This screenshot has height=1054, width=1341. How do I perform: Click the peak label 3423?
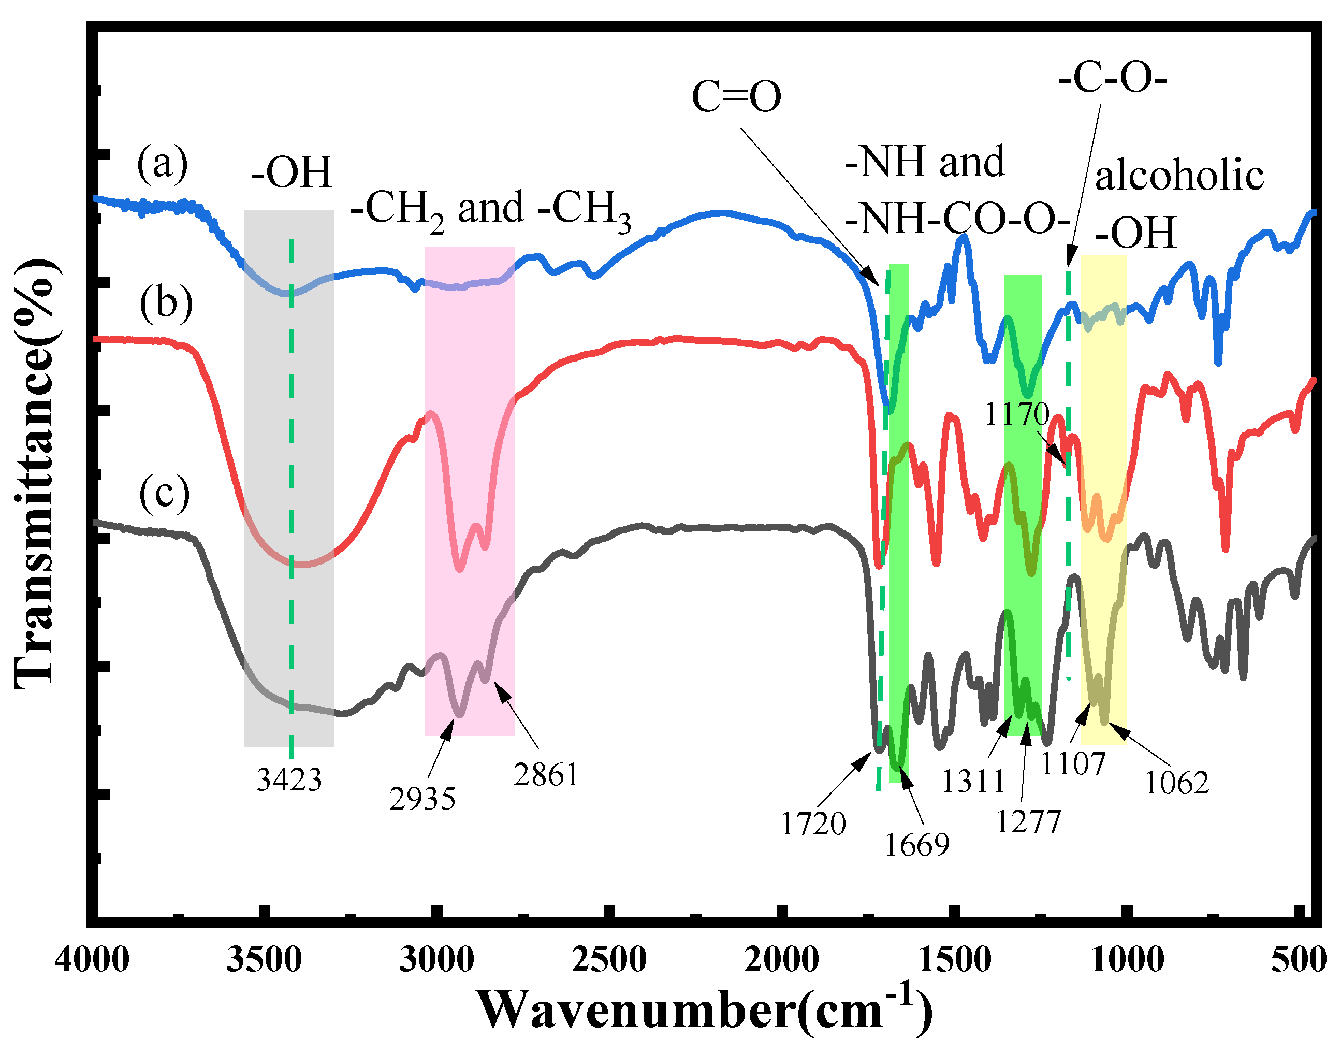[289, 780]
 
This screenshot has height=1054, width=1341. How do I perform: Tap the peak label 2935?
[422, 799]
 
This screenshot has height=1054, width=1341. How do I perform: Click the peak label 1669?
[917, 845]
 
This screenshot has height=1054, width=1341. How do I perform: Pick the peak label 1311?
[973, 781]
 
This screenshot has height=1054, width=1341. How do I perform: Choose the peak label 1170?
[1016, 414]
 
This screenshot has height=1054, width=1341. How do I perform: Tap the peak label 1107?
[1073, 764]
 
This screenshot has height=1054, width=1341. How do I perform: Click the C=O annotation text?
[736, 97]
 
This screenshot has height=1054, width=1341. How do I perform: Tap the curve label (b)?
[166, 304]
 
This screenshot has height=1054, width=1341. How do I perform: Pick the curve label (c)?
[164, 493]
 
